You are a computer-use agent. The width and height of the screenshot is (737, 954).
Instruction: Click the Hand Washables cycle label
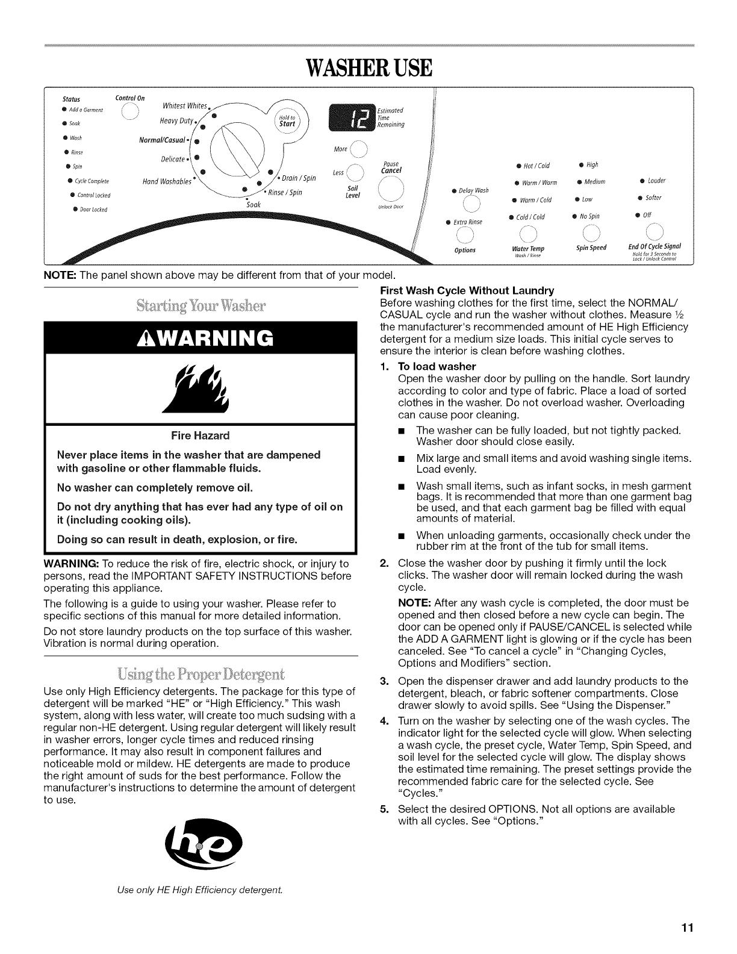click(167, 181)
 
